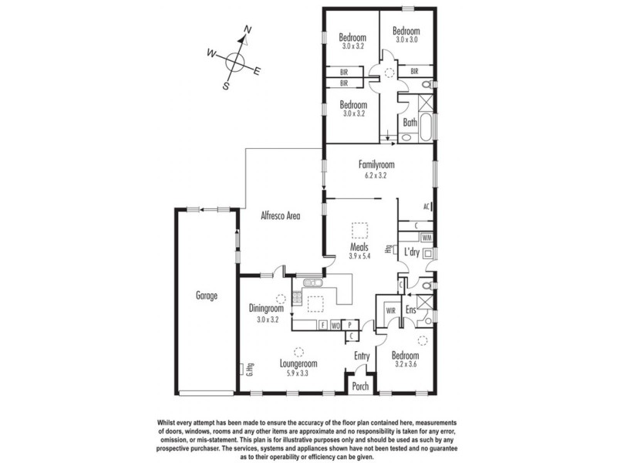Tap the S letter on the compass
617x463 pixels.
[x=226, y=86]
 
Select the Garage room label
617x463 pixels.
[x=206, y=296]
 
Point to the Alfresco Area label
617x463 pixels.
[x=278, y=217]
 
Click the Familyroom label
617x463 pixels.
[x=376, y=164]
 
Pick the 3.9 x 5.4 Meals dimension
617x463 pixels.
[x=360, y=256]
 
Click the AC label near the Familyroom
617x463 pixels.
[x=426, y=207]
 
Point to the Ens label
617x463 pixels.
[x=411, y=310]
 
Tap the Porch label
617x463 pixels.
[x=360, y=387]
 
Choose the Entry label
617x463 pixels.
[x=362, y=356]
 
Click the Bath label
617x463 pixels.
[x=410, y=122]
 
